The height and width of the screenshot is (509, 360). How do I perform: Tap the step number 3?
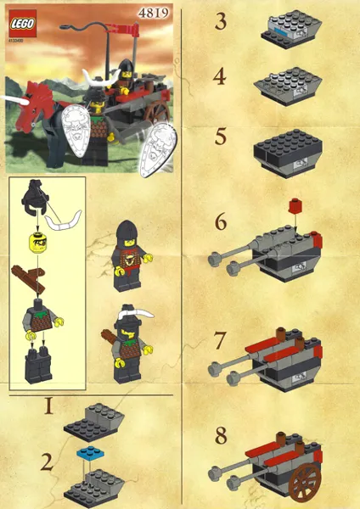pos(221,22)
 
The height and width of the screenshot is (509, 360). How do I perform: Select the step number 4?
pos(221,79)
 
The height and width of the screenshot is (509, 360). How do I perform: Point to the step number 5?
pos(221,136)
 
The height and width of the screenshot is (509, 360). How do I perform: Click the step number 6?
pos(221,225)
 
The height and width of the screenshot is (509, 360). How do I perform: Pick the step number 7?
pos(221,342)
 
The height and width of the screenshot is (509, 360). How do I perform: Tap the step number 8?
pos(221,438)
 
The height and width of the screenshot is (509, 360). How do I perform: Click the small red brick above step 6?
pos(295,205)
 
